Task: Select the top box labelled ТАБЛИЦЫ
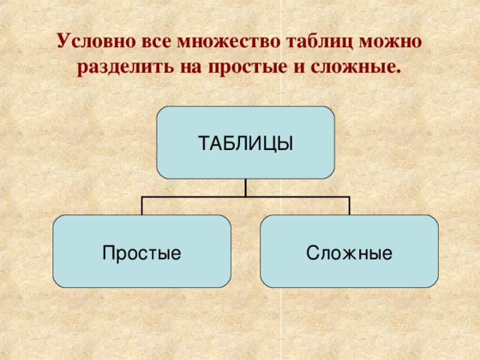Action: click(245, 142)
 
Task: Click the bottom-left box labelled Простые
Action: click(142, 252)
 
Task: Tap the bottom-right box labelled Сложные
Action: click(349, 252)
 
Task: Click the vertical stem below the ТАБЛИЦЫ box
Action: click(245, 187)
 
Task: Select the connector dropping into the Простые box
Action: click(142, 206)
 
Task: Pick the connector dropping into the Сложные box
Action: click(349, 206)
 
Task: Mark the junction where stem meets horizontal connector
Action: click(245, 197)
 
